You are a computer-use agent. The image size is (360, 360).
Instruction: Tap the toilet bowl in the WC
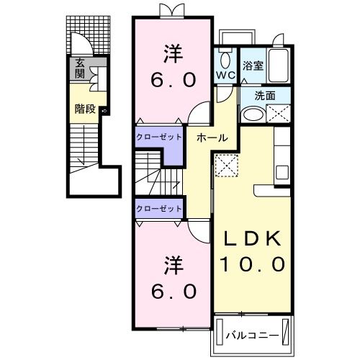pyautogui.click(x=224, y=59)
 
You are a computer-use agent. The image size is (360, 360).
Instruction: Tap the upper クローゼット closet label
pyautogui.click(x=158, y=138)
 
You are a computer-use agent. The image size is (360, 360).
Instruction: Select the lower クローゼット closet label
pyautogui.click(x=158, y=207)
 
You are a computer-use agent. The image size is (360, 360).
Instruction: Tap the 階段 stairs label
pyautogui.click(x=85, y=109)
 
